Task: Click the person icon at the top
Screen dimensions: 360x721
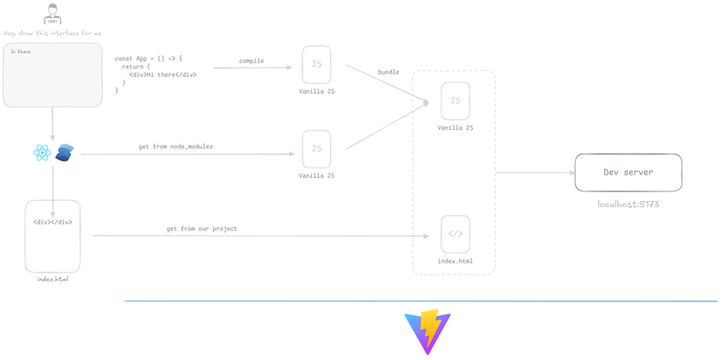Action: (x=52, y=15)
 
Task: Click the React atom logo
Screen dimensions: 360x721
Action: (x=42, y=153)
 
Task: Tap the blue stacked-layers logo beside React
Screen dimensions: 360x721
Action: (x=64, y=153)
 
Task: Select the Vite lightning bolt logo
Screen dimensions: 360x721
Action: (x=427, y=331)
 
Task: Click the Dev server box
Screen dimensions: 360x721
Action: (x=627, y=172)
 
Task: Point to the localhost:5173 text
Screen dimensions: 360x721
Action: (x=627, y=204)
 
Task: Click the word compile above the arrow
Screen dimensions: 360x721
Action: (x=252, y=61)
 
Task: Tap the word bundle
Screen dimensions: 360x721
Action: (x=388, y=72)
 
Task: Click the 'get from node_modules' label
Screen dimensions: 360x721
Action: (x=175, y=147)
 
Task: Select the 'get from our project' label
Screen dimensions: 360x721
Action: (x=201, y=229)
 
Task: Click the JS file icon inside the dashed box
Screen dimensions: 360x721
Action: (x=455, y=101)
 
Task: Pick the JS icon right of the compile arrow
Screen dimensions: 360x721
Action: (x=316, y=65)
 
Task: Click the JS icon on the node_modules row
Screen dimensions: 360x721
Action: (x=316, y=149)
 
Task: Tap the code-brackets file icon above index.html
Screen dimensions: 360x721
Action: (x=455, y=234)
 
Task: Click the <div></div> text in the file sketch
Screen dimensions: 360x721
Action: (x=52, y=222)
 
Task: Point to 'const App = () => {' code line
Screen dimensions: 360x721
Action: (x=149, y=59)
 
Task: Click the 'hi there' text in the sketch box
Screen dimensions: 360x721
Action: (x=21, y=52)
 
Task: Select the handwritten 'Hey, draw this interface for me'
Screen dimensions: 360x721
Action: (x=52, y=33)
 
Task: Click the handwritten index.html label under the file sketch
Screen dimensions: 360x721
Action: (x=52, y=280)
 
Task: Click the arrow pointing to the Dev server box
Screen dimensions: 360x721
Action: (x=535, y=173)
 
